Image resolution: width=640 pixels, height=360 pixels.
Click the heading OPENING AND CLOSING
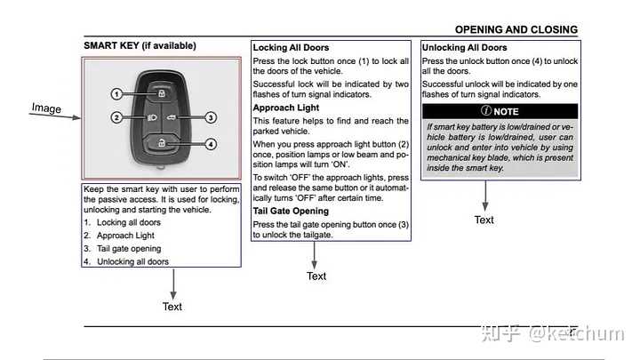516,29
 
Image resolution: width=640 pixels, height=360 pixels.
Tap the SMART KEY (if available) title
140,45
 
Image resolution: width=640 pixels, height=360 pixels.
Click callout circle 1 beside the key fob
116,93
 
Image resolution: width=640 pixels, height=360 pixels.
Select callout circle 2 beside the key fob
116,117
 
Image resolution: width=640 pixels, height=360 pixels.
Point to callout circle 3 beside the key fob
211,117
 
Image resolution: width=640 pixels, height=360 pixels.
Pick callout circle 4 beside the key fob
211,143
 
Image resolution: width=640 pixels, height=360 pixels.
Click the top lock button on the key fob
162,92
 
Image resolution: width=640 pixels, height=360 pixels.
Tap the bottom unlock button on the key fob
162,142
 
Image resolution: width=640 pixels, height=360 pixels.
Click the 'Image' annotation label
46,108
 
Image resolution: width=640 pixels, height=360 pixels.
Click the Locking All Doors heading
291,47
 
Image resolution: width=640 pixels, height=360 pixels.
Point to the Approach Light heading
286,108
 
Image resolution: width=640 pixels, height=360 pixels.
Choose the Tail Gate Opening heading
291,212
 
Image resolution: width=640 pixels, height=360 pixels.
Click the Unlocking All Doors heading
465,47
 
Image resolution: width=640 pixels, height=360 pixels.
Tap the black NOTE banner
500,111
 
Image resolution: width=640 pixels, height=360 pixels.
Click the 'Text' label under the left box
172,307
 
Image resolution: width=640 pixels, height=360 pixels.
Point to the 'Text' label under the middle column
316,276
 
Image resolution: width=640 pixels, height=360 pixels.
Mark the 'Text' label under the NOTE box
484,220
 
